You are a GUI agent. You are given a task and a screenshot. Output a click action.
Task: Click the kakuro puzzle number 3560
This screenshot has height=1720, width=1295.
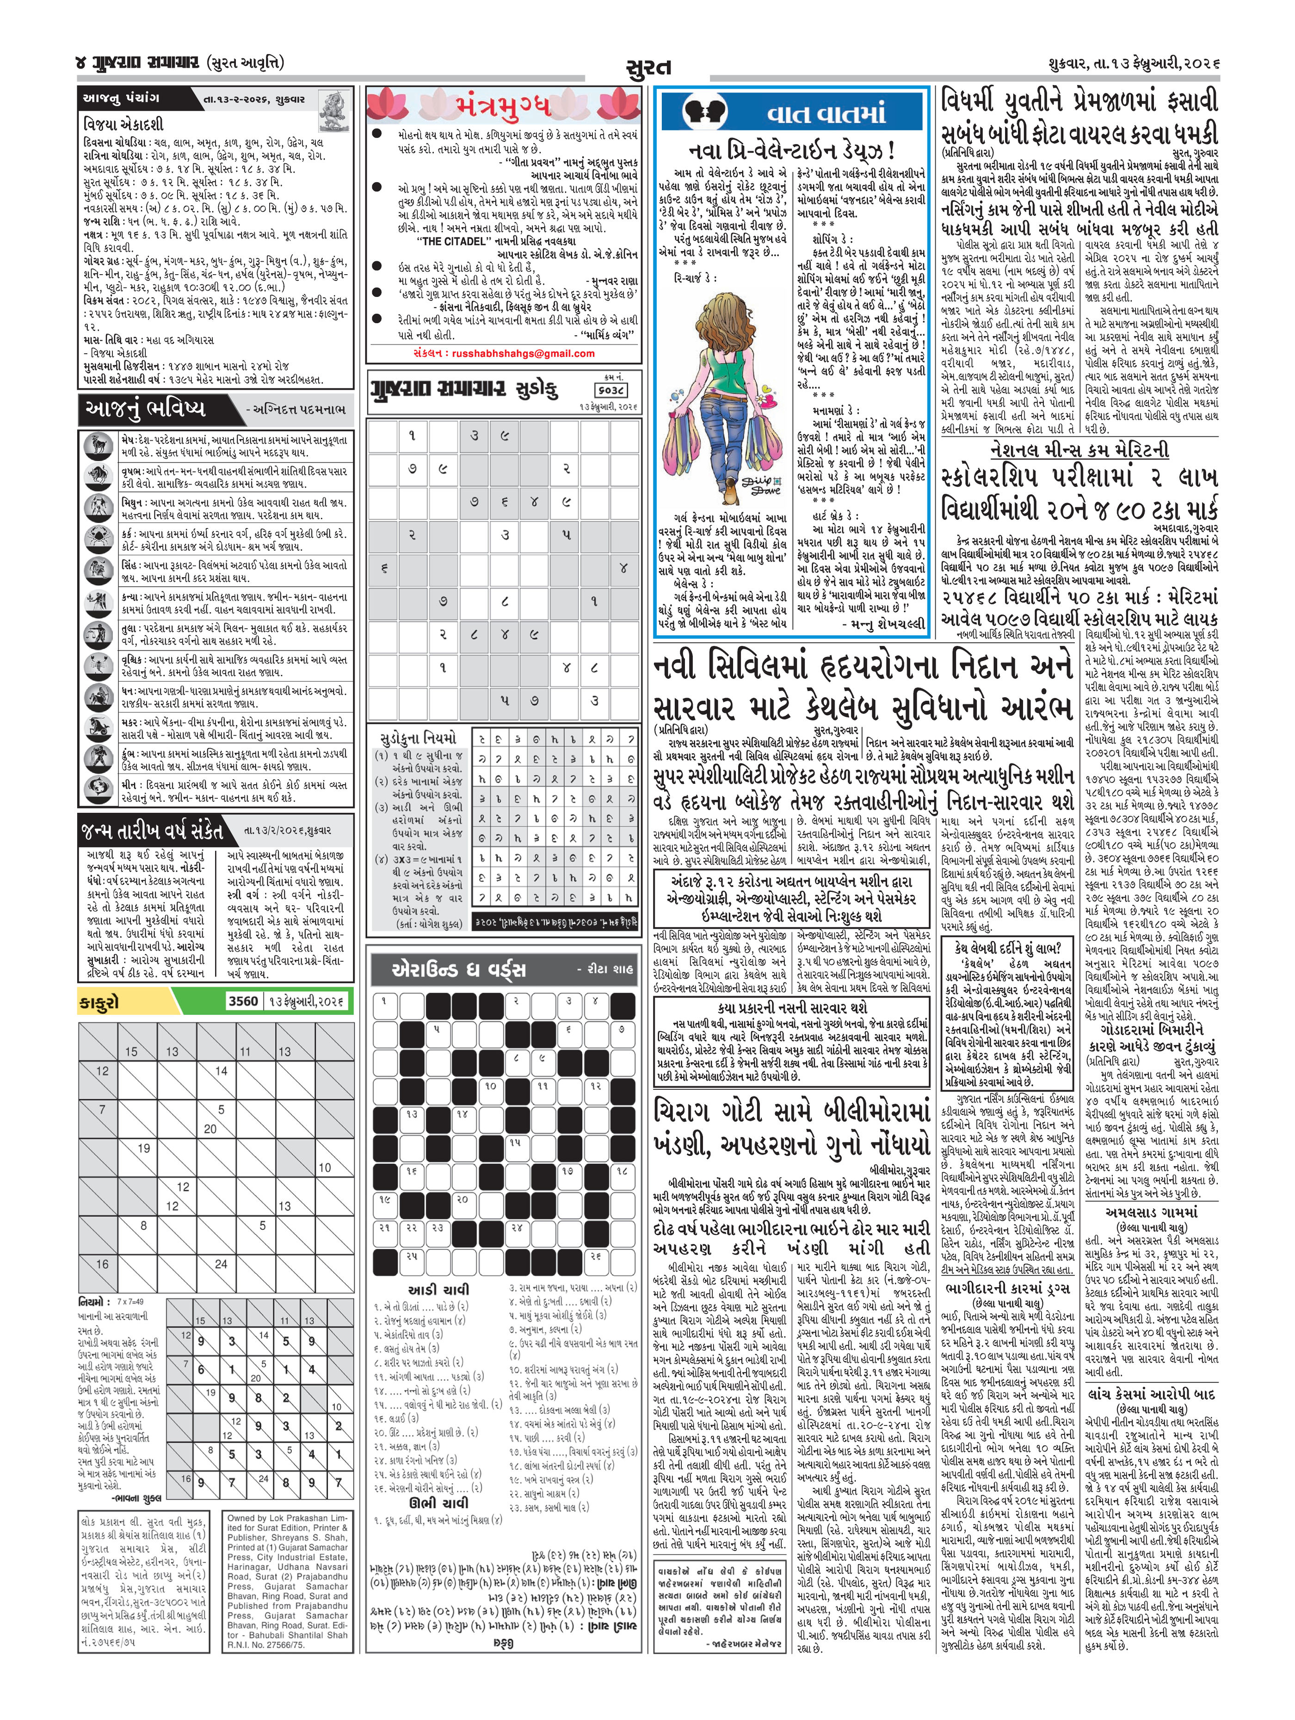coord(242,1001)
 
